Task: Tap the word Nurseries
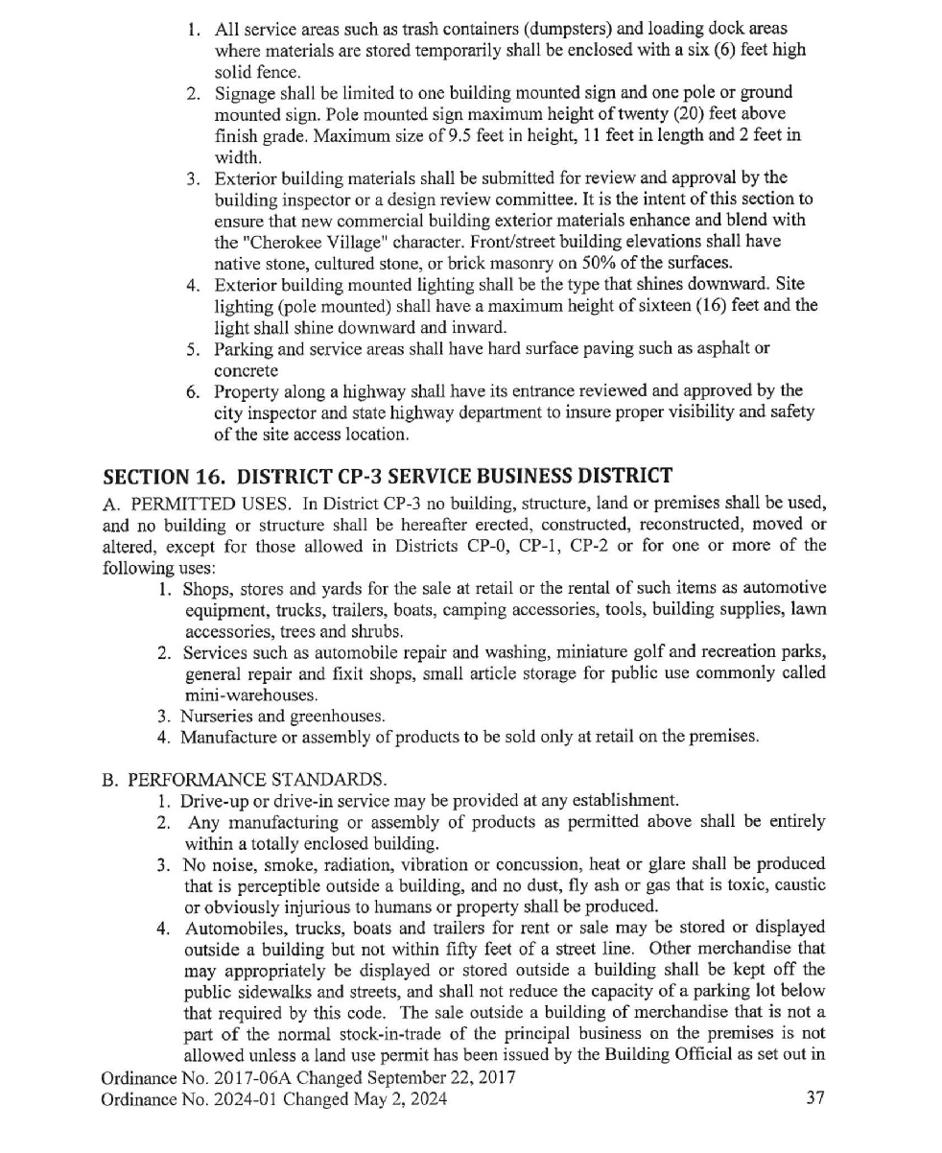[220, 716]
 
